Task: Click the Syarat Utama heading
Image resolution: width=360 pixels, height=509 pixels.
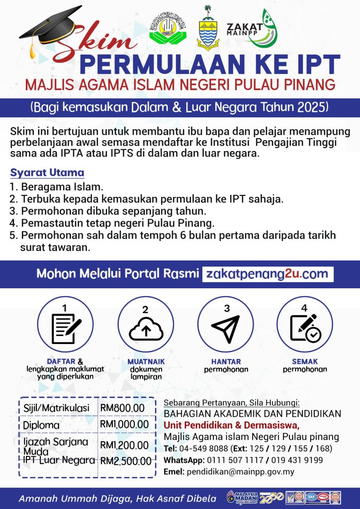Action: [x=47, y=173]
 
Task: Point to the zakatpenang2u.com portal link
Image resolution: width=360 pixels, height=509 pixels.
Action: [x=268, y=273]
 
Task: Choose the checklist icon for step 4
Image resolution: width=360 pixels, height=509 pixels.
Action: [x=305, y=328]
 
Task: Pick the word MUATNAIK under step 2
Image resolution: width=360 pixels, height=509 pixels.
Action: [x=146, y=362]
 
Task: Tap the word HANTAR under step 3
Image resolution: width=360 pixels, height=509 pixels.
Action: [x=226, y=361]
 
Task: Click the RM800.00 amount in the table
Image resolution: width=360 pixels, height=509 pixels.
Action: [x=122, y=408]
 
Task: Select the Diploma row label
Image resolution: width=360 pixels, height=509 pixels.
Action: [x=41, y=425]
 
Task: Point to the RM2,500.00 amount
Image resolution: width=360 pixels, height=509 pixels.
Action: [x=126, y=461]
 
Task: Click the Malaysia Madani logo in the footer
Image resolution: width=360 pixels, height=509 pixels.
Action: [x=241, y=498]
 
